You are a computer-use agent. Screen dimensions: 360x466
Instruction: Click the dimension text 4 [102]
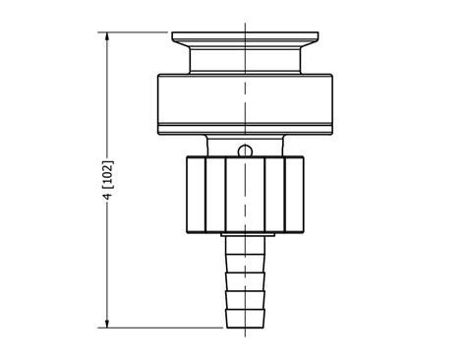[108, 179]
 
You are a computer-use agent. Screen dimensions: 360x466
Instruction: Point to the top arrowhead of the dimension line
[108, 36]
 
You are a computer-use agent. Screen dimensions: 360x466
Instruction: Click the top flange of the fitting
[243, 38]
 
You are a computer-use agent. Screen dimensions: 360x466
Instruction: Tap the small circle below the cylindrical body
[245, 150]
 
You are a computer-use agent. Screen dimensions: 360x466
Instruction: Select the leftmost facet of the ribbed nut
[194, 196]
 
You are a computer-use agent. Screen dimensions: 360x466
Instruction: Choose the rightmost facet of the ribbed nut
[294, 196]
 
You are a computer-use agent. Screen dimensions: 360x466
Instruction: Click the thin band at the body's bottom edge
[243, 128]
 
